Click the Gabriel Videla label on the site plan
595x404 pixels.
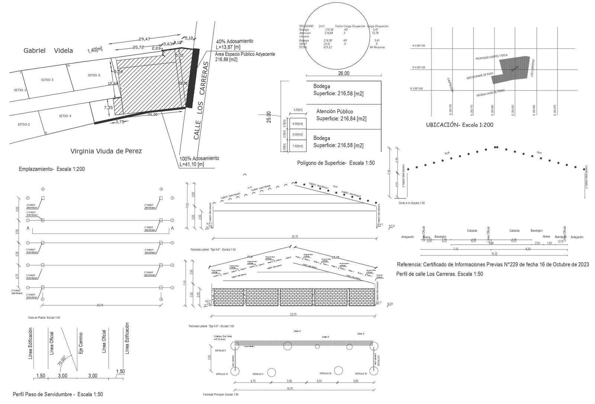click(48, 51)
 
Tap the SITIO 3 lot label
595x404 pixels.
click(47, 80)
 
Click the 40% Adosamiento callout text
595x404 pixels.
click(235, 41)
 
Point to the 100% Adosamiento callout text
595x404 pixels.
click(199, 158)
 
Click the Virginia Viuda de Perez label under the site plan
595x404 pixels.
click(106, 152)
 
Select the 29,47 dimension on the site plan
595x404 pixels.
click(144, 39)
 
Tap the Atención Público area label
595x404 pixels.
click(334, 111)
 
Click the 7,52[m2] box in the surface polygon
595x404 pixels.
click(297, 146)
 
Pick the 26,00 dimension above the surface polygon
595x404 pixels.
click(344, 73)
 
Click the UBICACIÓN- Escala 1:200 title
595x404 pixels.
click(460, 125)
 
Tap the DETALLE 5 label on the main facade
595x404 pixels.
click(258, 374)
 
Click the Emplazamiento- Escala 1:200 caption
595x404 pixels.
click(52, 169)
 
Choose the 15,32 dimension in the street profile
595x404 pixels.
click(494, 254)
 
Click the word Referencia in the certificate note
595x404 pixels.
click(409, 264)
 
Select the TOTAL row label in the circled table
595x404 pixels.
click(303, 47)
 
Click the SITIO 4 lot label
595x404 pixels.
click(65, 116)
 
